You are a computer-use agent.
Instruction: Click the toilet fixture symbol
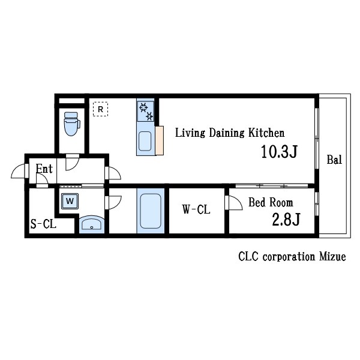(72, 124)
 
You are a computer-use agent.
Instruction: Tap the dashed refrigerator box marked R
(100, 109)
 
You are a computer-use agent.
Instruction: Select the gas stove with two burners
(146, 112)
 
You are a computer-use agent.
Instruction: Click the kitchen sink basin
(145, 141)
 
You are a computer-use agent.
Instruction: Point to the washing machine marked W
(70, 201)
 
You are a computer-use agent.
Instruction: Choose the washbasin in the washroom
(92, 224)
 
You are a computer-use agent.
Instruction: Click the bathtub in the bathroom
(151, 211)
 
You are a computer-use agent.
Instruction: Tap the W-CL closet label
(196, 209)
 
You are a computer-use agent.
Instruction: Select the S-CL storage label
(43, 224)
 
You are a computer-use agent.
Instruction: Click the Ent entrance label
(44, 169)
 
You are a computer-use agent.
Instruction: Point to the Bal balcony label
(334, 160)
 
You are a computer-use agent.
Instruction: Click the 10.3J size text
(279, 152)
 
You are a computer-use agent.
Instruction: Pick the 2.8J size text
(286, 219)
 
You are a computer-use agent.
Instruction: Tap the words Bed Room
(271, 202)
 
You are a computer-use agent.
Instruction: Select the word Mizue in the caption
(332, 256)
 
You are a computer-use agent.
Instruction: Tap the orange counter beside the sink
(160, 140)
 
